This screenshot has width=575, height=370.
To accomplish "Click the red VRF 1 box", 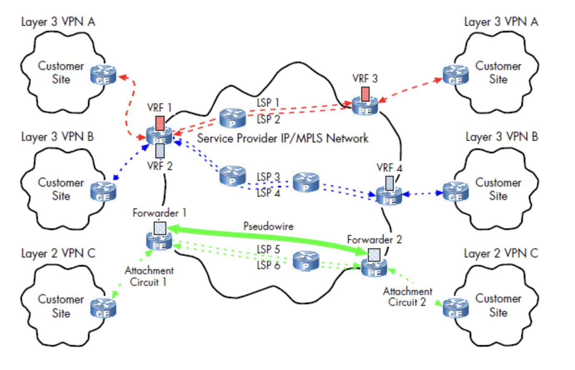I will (160, 123).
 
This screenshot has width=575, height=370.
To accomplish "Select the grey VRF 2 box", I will (160, 151).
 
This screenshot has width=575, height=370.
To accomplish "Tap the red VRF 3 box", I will (365, 94).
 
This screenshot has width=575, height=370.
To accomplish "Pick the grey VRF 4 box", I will (389, 183).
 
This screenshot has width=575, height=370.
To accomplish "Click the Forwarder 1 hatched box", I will (160, 228).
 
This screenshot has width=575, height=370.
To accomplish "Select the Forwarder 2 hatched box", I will (374, 255).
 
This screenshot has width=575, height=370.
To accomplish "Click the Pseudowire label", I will (268, 226).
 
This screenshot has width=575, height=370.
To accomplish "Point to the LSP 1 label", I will (268, 102).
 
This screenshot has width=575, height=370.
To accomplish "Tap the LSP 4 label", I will (268, 193).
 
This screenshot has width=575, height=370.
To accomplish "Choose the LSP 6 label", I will (268, 265).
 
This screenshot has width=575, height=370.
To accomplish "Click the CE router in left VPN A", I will (103, 75).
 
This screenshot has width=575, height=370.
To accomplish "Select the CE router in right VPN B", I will (455, 192).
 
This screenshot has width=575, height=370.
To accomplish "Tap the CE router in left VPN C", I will (103, 308).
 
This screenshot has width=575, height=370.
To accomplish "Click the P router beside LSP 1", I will (232, 118).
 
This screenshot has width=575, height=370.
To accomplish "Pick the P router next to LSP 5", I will (306, 261).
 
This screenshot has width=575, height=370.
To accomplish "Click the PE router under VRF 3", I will (365, 107).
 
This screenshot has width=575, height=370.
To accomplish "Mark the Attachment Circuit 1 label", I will (149, 276).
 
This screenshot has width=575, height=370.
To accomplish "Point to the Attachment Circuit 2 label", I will (407, 297).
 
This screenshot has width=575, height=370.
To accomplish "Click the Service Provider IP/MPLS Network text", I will (282, 138).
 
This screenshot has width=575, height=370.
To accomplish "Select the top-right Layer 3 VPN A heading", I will (501, 22).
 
